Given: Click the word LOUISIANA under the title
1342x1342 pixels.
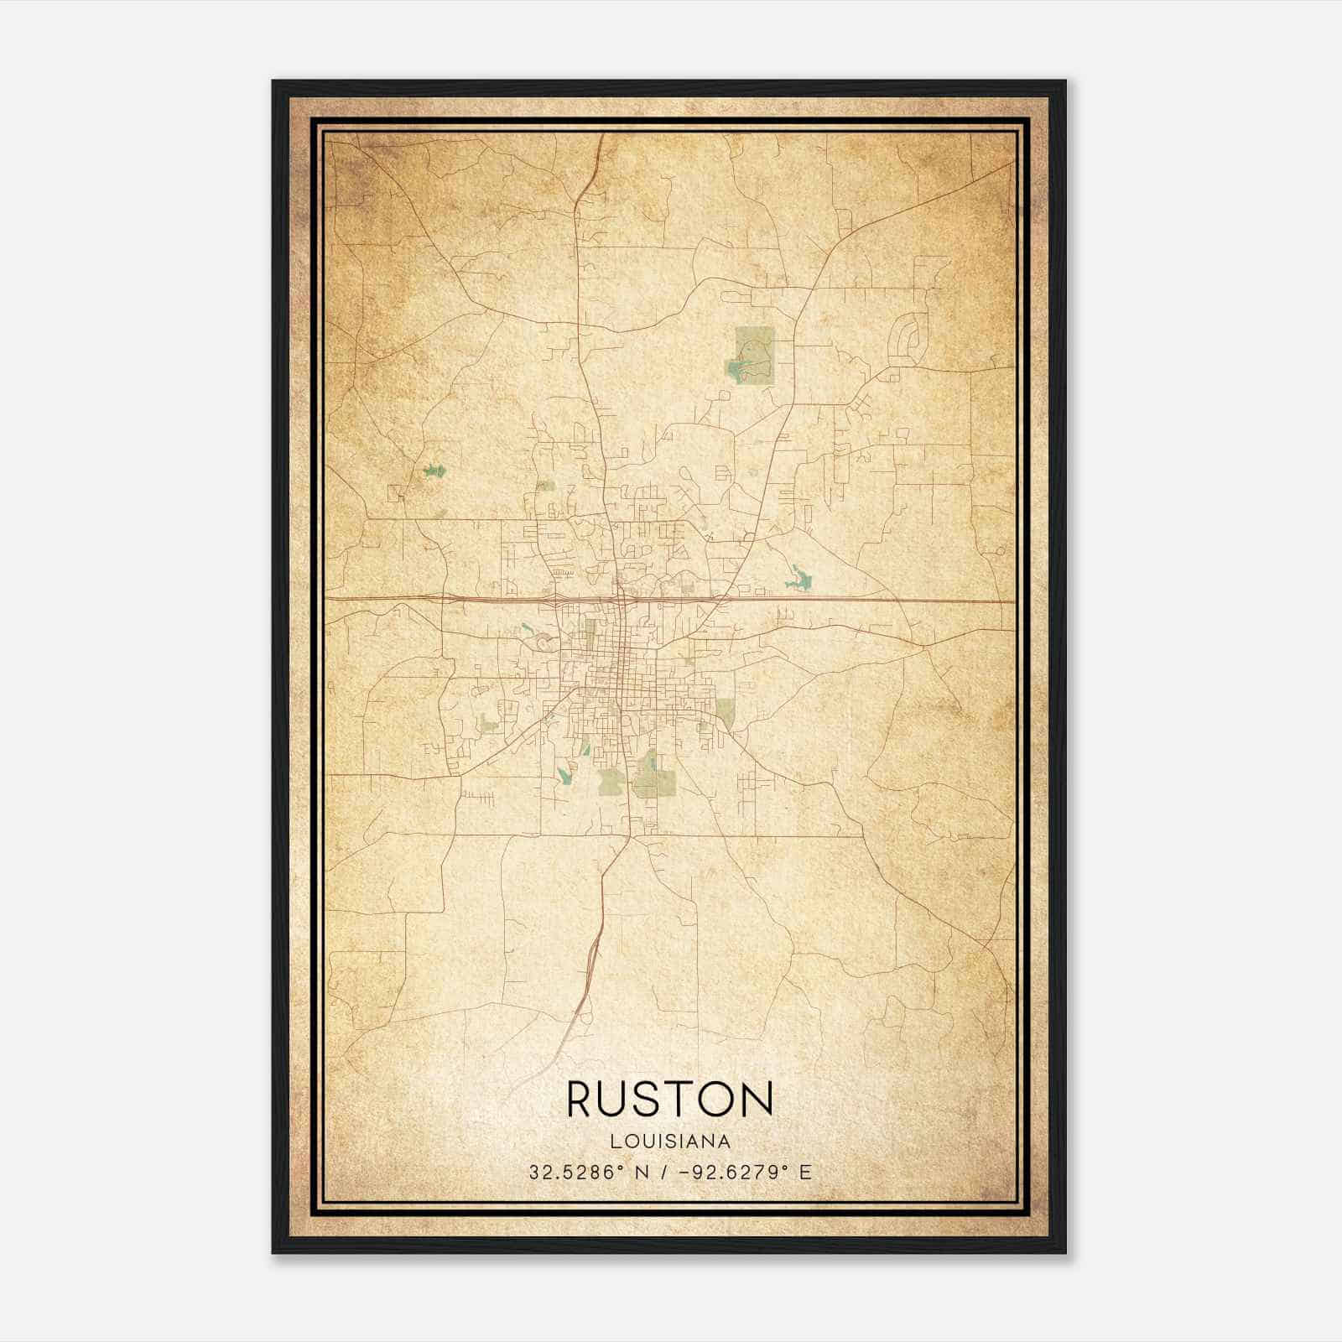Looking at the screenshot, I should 670,1142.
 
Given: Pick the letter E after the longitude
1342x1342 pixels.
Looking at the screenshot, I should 805,1173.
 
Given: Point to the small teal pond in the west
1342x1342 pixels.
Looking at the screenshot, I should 434,471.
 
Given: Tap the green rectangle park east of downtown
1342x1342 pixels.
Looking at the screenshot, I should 725,714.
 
